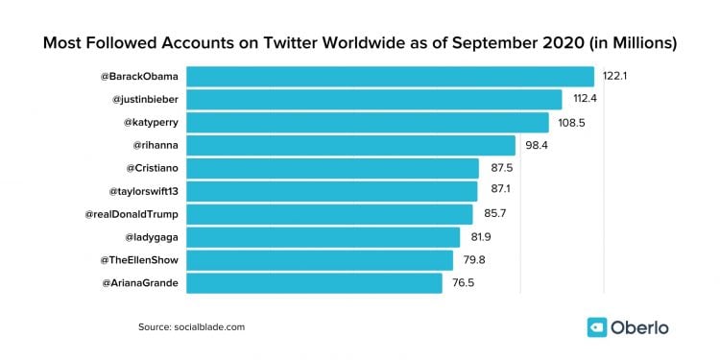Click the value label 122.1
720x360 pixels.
[x=614, y=76]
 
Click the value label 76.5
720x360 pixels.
[x=463, y=283]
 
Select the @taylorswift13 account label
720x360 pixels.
[x=140, y=191]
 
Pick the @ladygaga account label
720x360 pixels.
[x=153, y=237]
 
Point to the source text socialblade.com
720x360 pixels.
[x=209, y=327]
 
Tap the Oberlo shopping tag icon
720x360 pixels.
[x=598, y=326]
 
